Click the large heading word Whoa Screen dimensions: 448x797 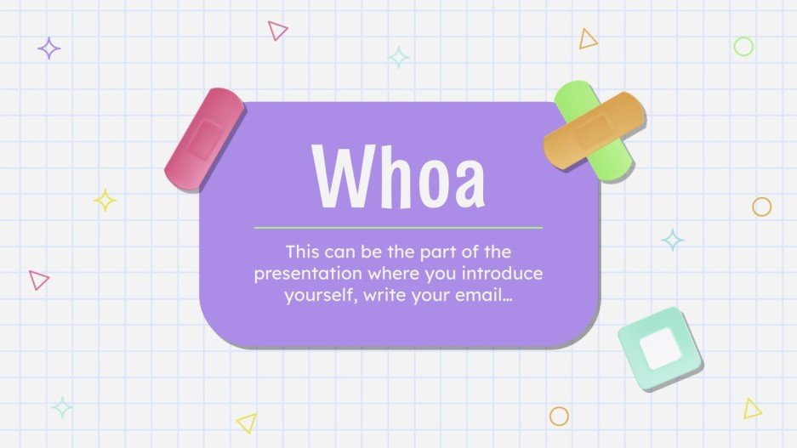point(398,178)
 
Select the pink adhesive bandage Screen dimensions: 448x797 point(204,139)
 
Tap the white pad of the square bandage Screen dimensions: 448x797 point(660,349)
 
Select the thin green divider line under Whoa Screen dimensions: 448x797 point(398,228)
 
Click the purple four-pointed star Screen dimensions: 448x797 point(49,48)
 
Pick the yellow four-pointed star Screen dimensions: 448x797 point(105,201)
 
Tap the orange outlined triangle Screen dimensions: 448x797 point(588,39)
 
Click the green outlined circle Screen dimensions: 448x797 point(743,47)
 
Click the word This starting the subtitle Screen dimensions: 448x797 point(304,252)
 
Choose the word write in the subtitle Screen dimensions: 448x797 point(381,298)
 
